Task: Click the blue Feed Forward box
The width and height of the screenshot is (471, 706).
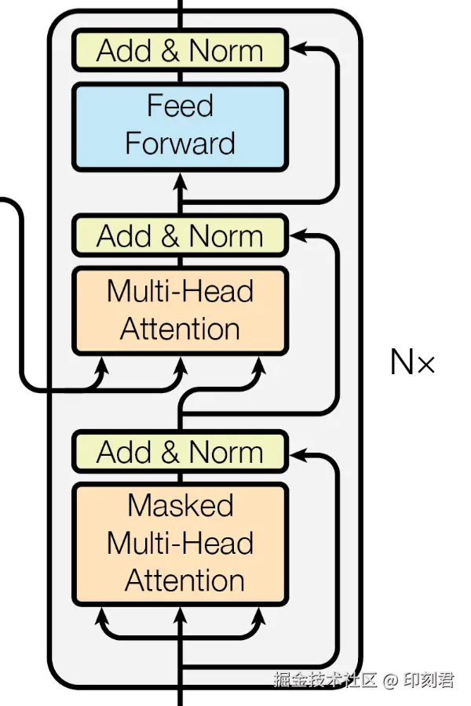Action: [x=180, y=126]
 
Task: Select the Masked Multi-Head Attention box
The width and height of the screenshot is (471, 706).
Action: [x=180, y=544]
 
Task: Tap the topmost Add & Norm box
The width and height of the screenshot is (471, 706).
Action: [x=180, y=50]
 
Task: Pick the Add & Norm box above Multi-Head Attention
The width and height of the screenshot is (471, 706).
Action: [x=180, y=235]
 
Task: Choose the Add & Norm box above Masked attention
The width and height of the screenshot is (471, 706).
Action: [x=180, y=452]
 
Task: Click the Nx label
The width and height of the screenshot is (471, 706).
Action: [x=412, y=362]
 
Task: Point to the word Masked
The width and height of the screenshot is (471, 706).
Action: [x=181, y=506]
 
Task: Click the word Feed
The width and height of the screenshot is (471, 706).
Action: [x=180, y=106]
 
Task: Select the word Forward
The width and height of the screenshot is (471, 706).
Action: [x=180, y=144]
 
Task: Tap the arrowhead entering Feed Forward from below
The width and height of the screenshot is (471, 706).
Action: [x=181, y=179]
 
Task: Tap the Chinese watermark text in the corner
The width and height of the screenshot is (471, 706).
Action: [x=363, y=679]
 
